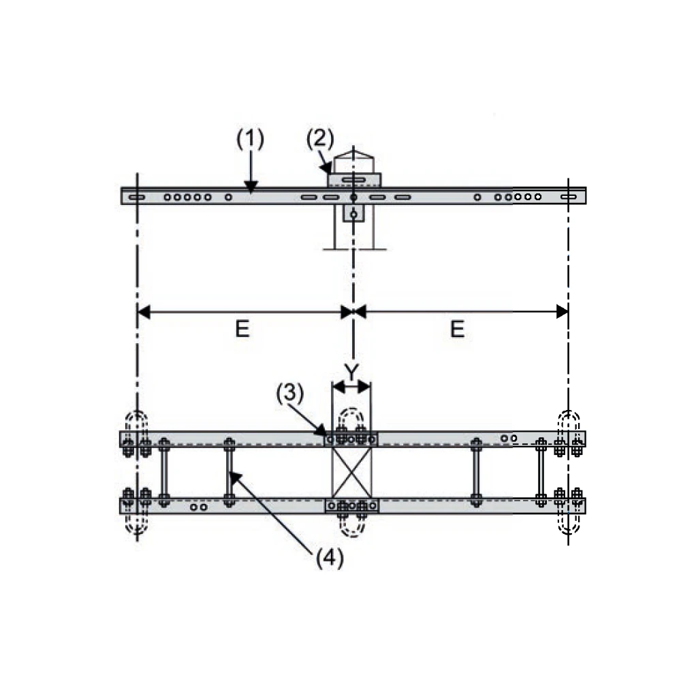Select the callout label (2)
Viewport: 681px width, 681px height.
[319, 139]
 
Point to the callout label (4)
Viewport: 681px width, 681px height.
[330, 558]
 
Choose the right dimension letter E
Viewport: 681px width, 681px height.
[457, 330]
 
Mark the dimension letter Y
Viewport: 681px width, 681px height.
[351, 373]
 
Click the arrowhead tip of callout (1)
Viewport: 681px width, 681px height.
[251, 191]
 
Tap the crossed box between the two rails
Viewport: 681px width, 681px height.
[351, 472]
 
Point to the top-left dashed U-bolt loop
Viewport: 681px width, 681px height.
[137, 422]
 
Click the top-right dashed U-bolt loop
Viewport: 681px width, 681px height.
[569, 422]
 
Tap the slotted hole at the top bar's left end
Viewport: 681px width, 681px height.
[135, 197]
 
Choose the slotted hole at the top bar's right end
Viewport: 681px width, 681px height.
[571, 197]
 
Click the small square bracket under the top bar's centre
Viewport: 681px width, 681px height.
[353, 214]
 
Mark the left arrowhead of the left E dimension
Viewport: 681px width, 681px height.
[140, 312]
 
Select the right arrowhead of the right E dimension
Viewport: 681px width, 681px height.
[566, 312]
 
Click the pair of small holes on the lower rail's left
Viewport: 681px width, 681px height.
[199, 507]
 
